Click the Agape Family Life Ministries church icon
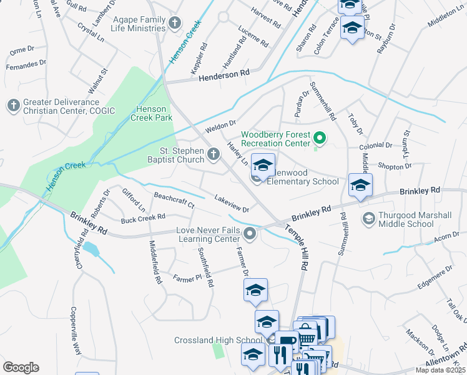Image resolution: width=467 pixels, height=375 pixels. (175, 23)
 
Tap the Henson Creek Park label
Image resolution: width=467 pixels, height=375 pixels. (154, 113)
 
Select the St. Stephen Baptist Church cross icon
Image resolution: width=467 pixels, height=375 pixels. (214, 154)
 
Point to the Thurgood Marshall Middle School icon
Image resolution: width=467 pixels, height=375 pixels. (368, 218)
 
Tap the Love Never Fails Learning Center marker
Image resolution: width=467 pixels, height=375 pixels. (250, 234)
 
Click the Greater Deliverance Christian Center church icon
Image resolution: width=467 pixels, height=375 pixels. (13, 106)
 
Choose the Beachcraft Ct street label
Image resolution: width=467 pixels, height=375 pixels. (174, 200)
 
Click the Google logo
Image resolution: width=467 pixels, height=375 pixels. (21, 367)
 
